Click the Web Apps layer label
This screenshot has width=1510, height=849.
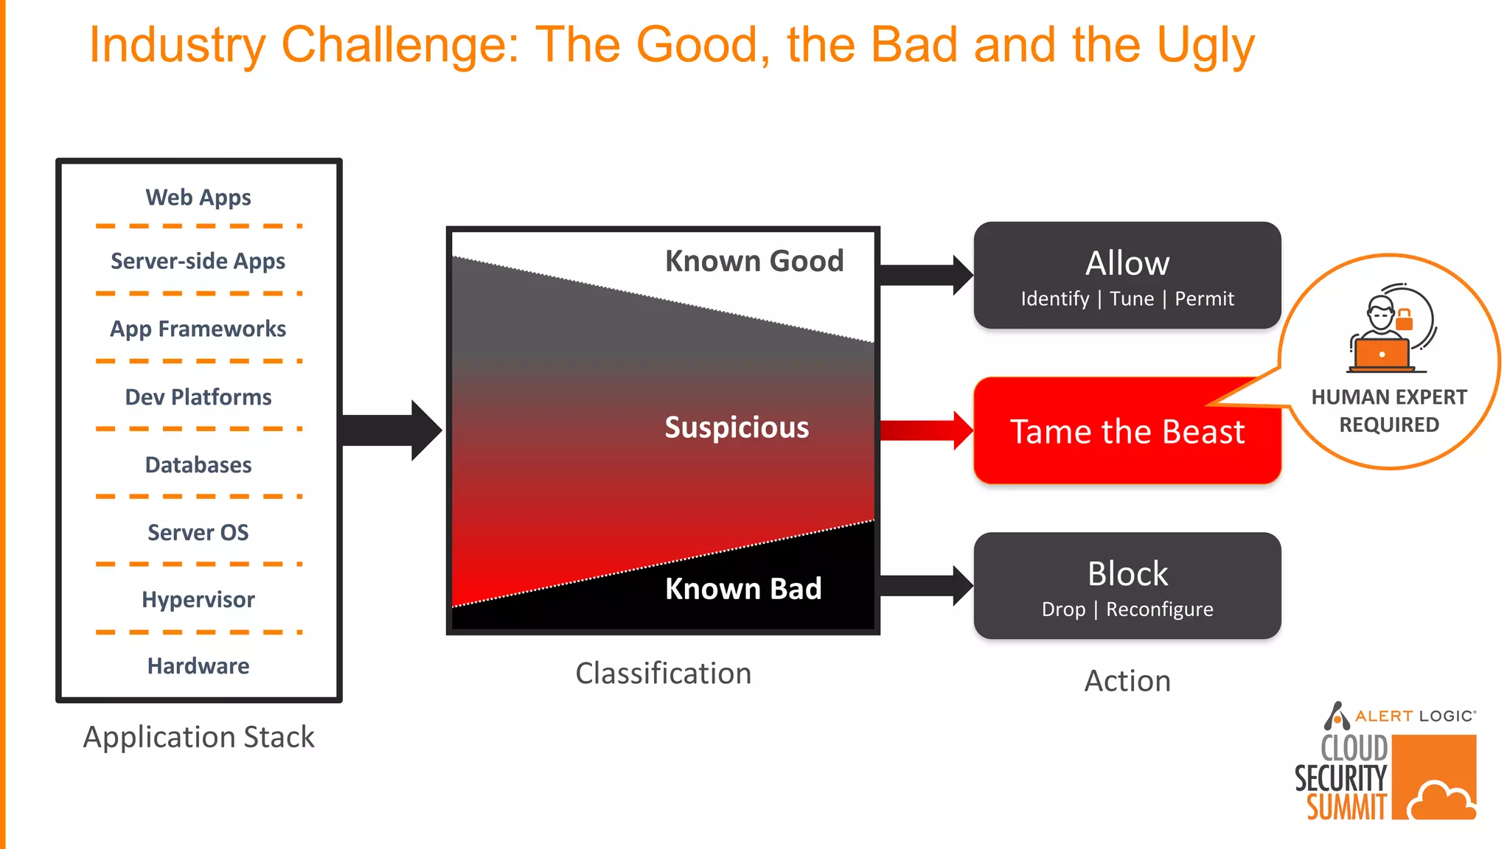198,198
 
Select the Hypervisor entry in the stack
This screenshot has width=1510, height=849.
198,600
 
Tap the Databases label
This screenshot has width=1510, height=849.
198,465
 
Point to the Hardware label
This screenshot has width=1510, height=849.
198,666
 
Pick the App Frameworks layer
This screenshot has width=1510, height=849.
198,329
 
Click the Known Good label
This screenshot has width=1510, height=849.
754,261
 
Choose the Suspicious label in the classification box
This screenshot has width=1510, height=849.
737,427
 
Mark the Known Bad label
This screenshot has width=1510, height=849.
743,589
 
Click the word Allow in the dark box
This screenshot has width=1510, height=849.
1127,263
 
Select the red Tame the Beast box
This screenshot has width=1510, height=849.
1127,432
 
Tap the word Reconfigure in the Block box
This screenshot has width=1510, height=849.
1159,609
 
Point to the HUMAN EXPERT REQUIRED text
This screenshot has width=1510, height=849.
1389,410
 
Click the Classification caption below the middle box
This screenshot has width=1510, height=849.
663,674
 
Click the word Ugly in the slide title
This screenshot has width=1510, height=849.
1205,46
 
